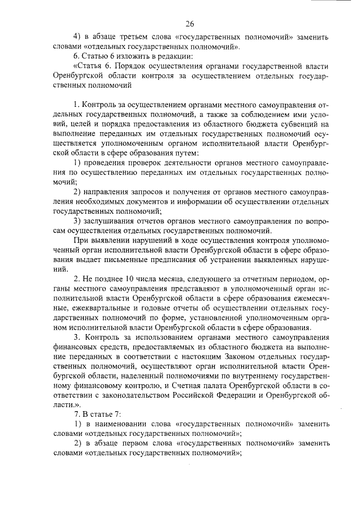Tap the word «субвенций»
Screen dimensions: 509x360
point(303,124)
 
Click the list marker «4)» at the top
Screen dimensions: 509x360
point(79,37)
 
